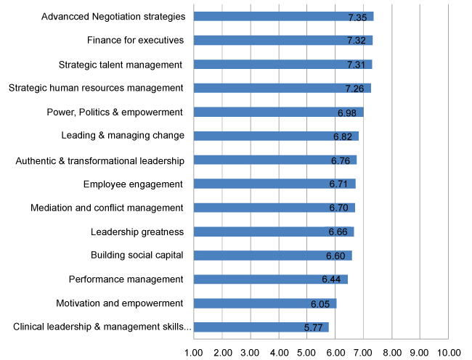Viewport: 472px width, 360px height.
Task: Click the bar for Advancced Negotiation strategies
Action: pyautogui.click(x=283, y=16)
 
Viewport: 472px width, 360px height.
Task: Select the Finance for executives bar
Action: pyautogui.click(x=283, y=40)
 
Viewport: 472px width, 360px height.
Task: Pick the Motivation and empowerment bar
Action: pyautogui.click(x=265, y=303)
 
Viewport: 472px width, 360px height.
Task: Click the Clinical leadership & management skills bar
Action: pyautogui.click(x=261, y=327)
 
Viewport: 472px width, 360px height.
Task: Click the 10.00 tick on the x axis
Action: pyautogui.click(x=447, y=352)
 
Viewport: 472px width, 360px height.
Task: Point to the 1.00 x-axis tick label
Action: pyautogui.click(x=194, y=352)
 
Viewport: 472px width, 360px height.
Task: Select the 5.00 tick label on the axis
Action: pyautogui.click(x=307, y=352)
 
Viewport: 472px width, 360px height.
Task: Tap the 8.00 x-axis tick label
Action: pyautogui.click(x=392, y=352)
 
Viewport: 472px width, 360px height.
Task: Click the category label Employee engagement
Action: pyautogui.click(x=133, y=184)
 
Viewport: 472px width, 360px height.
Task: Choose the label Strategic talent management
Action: pyautogui.click(x=120, y=65)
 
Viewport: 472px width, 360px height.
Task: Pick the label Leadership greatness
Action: pyautogui.click(x=137, y=232)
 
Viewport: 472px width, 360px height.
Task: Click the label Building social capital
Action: pyautogui.click(x=137, y=255)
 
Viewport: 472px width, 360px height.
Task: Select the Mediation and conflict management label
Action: pyautogui.click(x=107, y=208)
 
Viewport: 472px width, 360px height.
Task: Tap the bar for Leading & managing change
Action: pyautogui.click(x=276, y=136)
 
